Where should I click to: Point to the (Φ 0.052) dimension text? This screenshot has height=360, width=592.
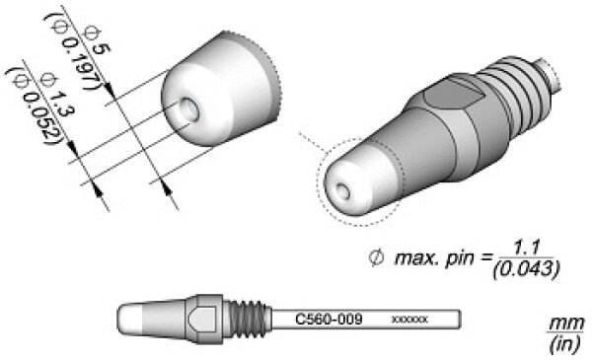pyautogui.click(x=36, y=105)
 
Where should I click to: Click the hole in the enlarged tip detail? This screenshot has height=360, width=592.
pyautogui.click(x=188, y=110)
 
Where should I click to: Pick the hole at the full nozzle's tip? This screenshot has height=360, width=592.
pyautogui.click(x=342, y=191)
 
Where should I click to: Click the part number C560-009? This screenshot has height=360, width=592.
pyautogui.click(x=329, y=320)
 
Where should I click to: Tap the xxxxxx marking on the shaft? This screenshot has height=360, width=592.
pyautogui.click(x=410, y=320)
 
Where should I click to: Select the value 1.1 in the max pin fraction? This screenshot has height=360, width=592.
pyautogui.click(x=526, y=250)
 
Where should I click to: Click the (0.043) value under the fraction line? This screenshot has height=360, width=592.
pyautogui.click(x=526, y=269)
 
